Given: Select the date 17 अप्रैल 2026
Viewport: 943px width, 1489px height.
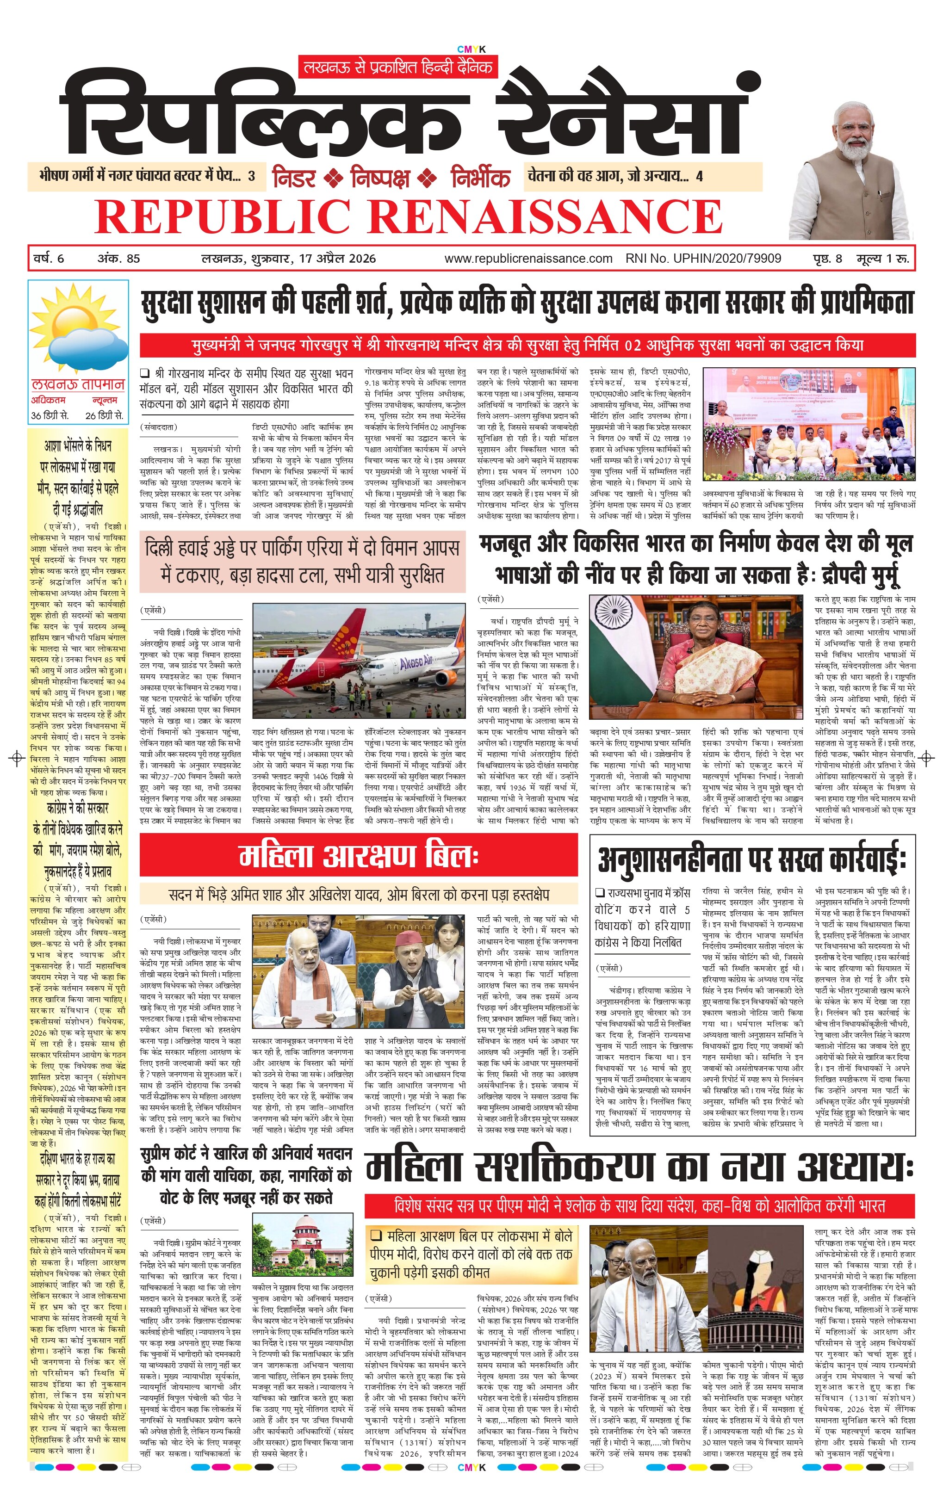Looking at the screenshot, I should pos(337,259).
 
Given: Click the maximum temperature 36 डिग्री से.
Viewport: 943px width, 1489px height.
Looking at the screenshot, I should pos(50,415).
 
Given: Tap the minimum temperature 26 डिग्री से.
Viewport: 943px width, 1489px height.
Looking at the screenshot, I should pos(104,415).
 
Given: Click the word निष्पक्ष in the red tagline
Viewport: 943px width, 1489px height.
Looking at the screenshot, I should pos(380,178).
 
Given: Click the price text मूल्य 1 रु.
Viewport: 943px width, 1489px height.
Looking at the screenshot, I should pos(882,259).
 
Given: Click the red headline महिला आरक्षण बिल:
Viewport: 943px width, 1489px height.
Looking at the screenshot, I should pos(359,856).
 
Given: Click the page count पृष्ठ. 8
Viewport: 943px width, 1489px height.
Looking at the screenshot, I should pos(827,259).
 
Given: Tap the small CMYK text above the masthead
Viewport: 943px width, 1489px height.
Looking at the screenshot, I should pos(471,49).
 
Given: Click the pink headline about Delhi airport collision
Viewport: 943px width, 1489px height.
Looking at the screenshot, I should pos(302,562).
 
